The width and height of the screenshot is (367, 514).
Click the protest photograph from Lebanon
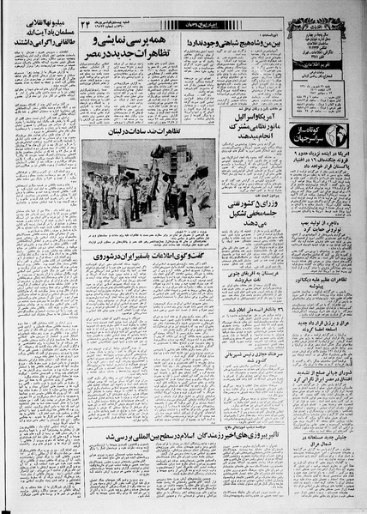(x=145, y=197)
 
